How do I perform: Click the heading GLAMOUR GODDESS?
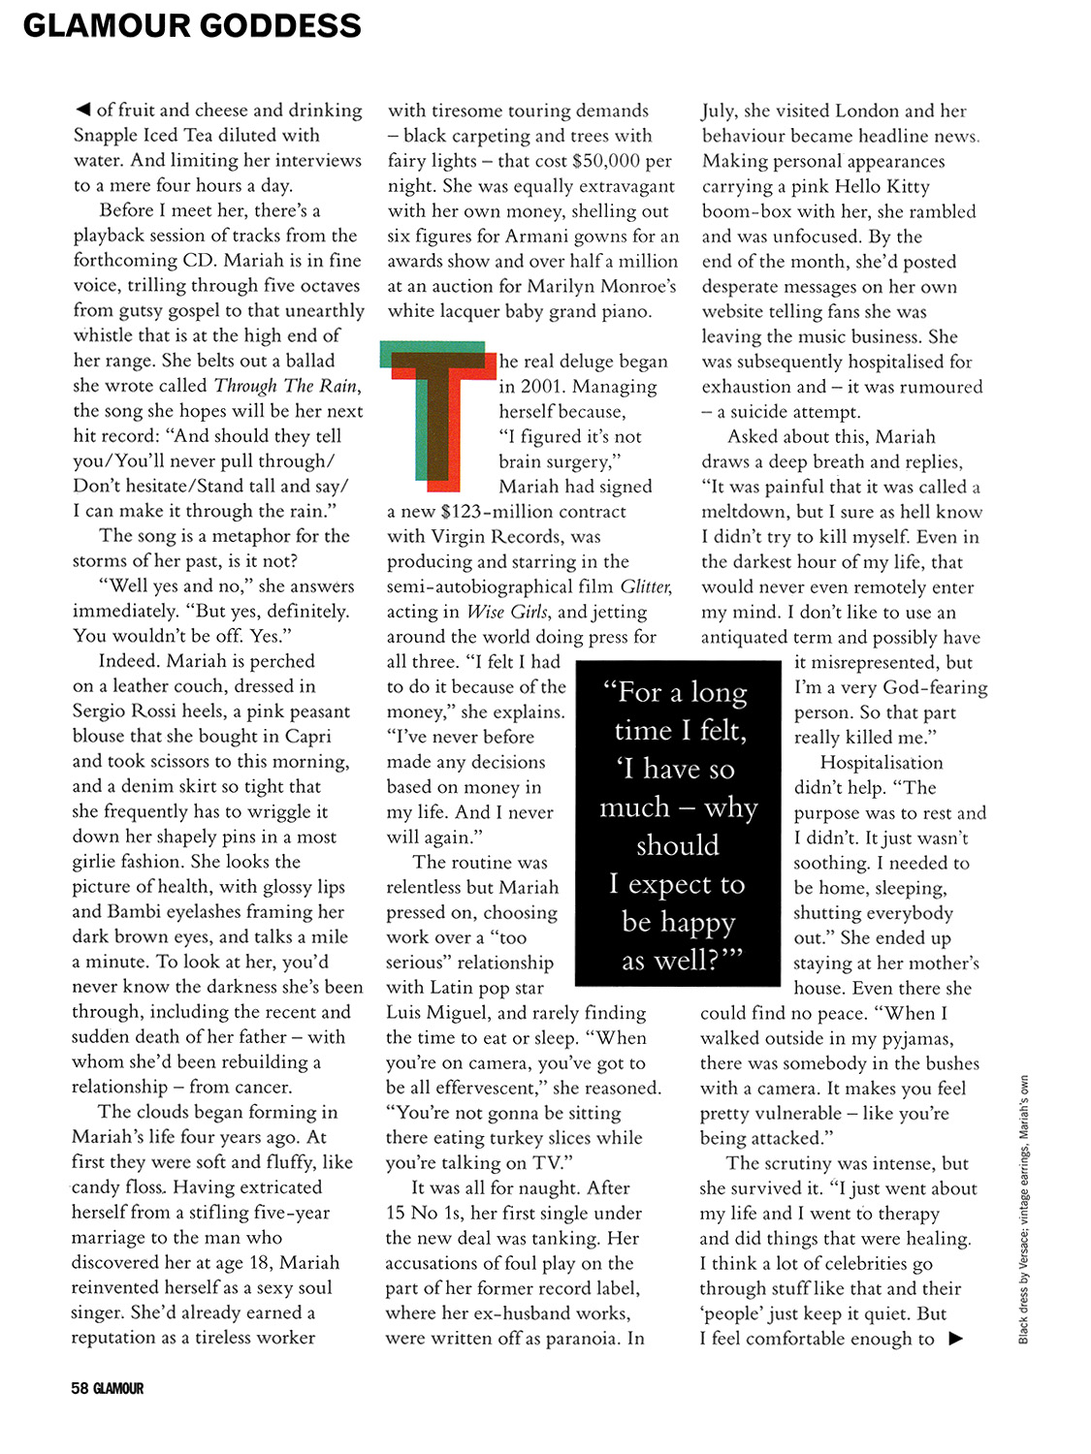click(x=192, y=25)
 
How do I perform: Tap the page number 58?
click(x=80, y=1388)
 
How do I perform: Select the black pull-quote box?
click(x=678, y=823)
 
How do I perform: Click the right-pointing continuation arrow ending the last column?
click(x=956, y=1339)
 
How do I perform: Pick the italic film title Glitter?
click(x=645, y=586)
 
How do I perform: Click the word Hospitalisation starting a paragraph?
click(x=881, y=763)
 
